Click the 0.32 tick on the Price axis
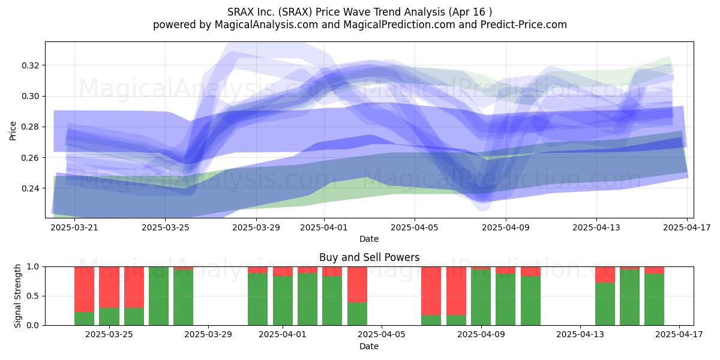(x=30, y=65)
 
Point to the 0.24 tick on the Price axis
(x=30, y=188)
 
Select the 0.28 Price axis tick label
(x=30, y=127)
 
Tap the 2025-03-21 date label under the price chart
(x=74, y=227)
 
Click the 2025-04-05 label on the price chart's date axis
(x=415, y=227)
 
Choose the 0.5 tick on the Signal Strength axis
(x=34, y=296)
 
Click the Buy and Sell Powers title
(x=370, y=257)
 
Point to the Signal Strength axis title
(x=17, y=296)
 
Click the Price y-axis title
(x=13, y=131)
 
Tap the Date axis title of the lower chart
(x=369, y=346)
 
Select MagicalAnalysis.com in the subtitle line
(x=266, y=25)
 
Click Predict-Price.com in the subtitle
(x=524, y=25)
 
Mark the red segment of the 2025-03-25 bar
(x=109, y=287)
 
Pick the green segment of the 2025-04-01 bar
(x=283, y=301)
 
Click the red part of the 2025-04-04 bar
(x=357, y=284)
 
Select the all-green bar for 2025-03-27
(x=158, y=296)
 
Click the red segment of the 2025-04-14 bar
(x=605, y=275)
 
